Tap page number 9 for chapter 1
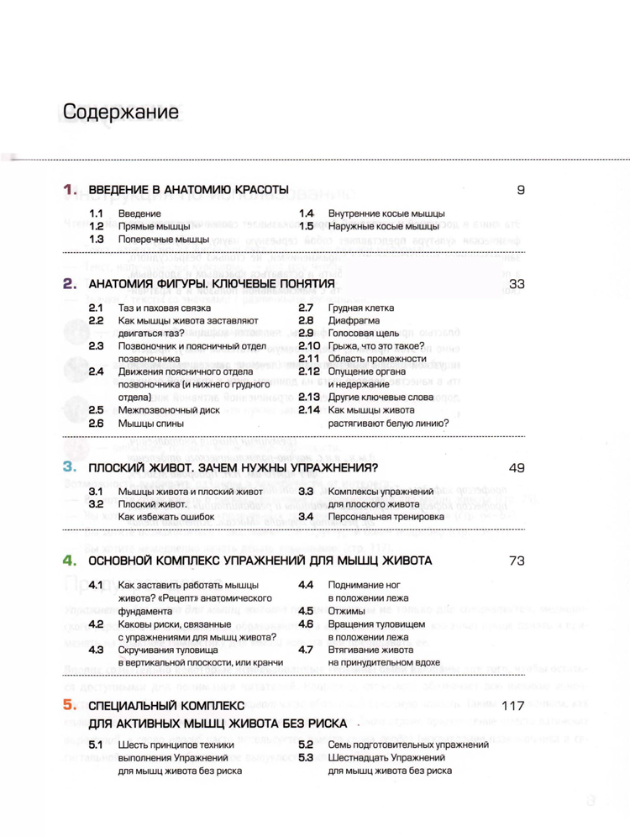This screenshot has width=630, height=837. (x=521, y=191)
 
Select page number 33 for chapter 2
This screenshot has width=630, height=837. (x=517, y=285)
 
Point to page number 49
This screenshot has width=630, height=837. (x=517, y=466)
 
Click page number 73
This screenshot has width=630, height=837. (x=517, y=560)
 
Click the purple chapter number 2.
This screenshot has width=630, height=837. (x=70, y=285)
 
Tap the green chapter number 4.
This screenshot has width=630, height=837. (x=70, y=560)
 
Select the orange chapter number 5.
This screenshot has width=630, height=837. (x=70, y=706)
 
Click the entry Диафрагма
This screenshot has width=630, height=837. (x=354, y=321)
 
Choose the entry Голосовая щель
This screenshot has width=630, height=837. (x=368, y=334)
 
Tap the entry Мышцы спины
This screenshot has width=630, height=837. (x=146, y=424)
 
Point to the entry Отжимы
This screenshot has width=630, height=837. (x=346, y=611)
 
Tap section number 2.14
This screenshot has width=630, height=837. (x=309, y=410)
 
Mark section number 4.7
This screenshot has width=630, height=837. (x=306, y=649)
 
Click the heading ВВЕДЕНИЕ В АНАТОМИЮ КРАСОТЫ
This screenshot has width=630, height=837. (x=189, y=191)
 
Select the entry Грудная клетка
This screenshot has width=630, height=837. (x=362, y=308)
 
